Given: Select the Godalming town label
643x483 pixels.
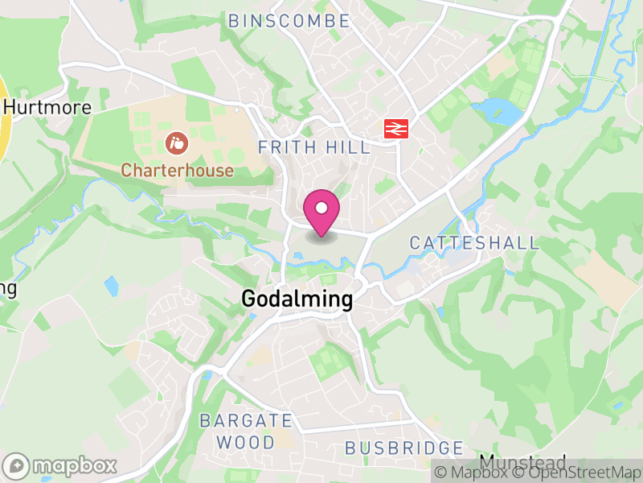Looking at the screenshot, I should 297,300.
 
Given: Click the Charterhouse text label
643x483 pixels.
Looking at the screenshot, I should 178,171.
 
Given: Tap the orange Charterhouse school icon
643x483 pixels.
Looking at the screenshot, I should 175,145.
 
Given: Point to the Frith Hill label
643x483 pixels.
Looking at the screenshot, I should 314,147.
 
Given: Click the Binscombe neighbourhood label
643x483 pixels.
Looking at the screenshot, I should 289,22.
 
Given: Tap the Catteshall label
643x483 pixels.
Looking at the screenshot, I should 474,243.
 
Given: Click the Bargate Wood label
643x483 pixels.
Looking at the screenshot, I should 246,431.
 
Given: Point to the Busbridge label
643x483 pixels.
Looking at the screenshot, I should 404,448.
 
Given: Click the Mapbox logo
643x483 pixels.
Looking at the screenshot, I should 60,466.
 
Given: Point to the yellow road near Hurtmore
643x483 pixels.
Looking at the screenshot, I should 3,121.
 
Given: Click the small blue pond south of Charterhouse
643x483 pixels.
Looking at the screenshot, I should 111,284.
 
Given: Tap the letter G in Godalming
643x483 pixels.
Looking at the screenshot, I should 250,300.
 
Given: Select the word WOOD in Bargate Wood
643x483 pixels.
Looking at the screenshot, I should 246,442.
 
